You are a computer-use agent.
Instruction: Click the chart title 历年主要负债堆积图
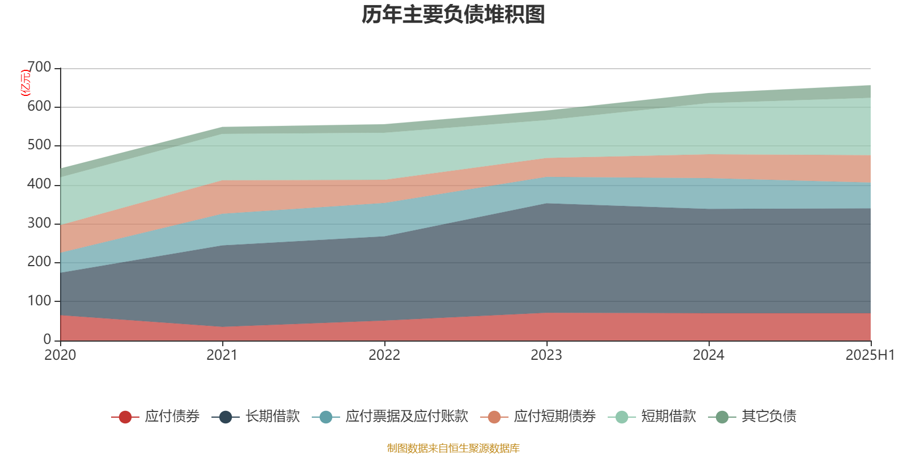point(453,15)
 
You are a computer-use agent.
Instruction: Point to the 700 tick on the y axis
point(39,68)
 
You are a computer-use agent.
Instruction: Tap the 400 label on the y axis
point(39,184)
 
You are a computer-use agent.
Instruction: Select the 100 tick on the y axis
point(39,301)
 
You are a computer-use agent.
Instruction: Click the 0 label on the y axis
point(48,339)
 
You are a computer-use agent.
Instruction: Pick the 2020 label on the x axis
point(60,355)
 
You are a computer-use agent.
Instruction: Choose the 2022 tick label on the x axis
point(384,355)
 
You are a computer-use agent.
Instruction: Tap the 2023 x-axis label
point(546,355)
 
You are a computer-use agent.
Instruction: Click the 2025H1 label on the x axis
point(870,355)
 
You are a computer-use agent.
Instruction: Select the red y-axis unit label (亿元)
point(25,83)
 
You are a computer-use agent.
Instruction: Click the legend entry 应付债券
point(172,417)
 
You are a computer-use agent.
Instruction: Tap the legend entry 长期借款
point(272,417)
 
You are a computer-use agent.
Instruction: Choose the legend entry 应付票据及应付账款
point(406,417)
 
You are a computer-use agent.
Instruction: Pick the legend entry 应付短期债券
point(554,417)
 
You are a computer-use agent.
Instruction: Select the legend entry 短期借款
point(668,417)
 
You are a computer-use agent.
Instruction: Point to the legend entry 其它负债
point(769,417)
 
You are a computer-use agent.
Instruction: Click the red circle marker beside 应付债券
point(125,417)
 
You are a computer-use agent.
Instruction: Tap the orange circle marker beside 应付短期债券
point(494,417)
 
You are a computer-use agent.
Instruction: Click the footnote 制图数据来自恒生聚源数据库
point(453,448)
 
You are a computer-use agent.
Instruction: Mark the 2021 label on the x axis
point(222,355)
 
